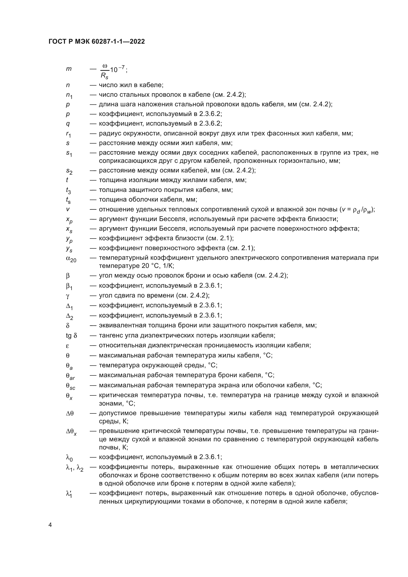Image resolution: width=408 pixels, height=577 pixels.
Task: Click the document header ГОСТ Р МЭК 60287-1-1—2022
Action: pos(97,42)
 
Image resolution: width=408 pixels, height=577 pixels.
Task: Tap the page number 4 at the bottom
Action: pos(50,525)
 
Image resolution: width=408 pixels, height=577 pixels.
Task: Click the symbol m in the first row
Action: pos(69,69)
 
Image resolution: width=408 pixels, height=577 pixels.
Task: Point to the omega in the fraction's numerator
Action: pos(105,66)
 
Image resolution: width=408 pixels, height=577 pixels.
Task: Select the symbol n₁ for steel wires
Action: pos(69,95)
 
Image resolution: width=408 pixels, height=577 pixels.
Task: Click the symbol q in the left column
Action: pos(68,124)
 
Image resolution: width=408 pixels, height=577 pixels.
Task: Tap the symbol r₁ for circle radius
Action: pos(68,134)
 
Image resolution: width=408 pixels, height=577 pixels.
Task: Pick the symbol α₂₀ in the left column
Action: pos(71,259)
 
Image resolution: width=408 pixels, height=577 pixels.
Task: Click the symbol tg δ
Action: pos(72,335)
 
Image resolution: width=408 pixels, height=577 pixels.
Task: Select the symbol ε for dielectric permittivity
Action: pos(67,346)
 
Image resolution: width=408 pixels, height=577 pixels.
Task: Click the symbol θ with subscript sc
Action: pos(70,386)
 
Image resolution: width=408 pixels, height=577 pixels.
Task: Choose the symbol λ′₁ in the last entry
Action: pos(69,494)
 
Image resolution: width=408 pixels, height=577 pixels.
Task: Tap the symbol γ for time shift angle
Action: pos(67,296)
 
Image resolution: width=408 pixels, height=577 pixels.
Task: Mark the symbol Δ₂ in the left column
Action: pos(70,316)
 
